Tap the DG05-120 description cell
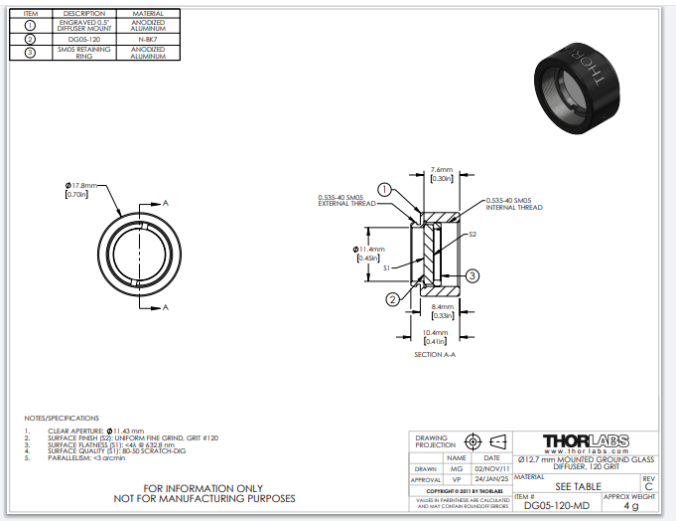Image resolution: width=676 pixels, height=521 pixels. pyautogui.click(x=84, y=38)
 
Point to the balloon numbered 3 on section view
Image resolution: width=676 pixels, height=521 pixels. pyautogui.click(x=473, y=275)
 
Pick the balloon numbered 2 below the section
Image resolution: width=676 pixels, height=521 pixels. pyautogui.click(x=393, y=298)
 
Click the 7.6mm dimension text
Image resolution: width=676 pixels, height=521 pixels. pyautogui.click(x=442, y=170)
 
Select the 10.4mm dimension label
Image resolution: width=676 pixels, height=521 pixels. pyautogui.click(x=436, y=332)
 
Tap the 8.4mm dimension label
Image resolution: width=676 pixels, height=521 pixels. pyautogui.click(x=442, y=307)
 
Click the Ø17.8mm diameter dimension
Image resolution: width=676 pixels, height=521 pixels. pyautogui.click(x=81, y=186)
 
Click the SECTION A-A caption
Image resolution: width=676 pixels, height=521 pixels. pyautogui.click(x=436, y=354)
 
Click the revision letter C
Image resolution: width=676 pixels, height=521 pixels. pyautogui.click(x=648, y=486)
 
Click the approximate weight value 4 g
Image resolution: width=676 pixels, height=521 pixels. pyautogui.click(x=630, y=505)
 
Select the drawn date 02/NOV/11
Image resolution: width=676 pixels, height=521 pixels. pyautogui.click(x=492, y=467)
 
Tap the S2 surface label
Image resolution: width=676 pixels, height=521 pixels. pyautogui.click(x=473, y=235)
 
